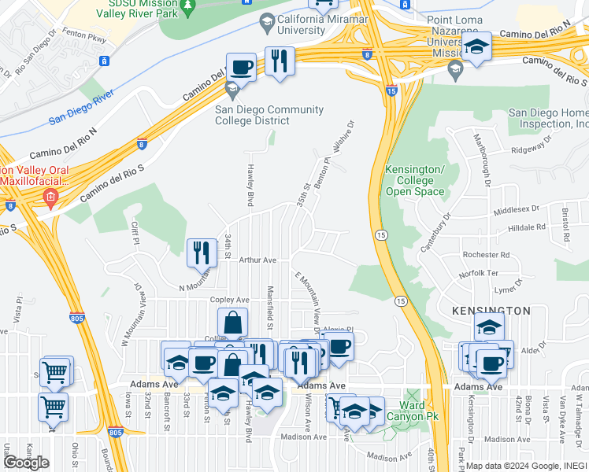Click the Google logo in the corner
click(x=26, y=463)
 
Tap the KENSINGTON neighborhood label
click(x=491, y=312)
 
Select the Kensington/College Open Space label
click(x=414, y=181)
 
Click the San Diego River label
click(x=81, y=109)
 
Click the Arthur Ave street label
click(x=258, y=260)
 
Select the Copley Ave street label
click(x=229, y=300)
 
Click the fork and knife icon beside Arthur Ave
click(x=201, y=253)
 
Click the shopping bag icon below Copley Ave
click(x=233, y=322)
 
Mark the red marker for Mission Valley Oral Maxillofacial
click(x=50, y=197)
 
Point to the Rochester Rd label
click(x=487, y=255)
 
